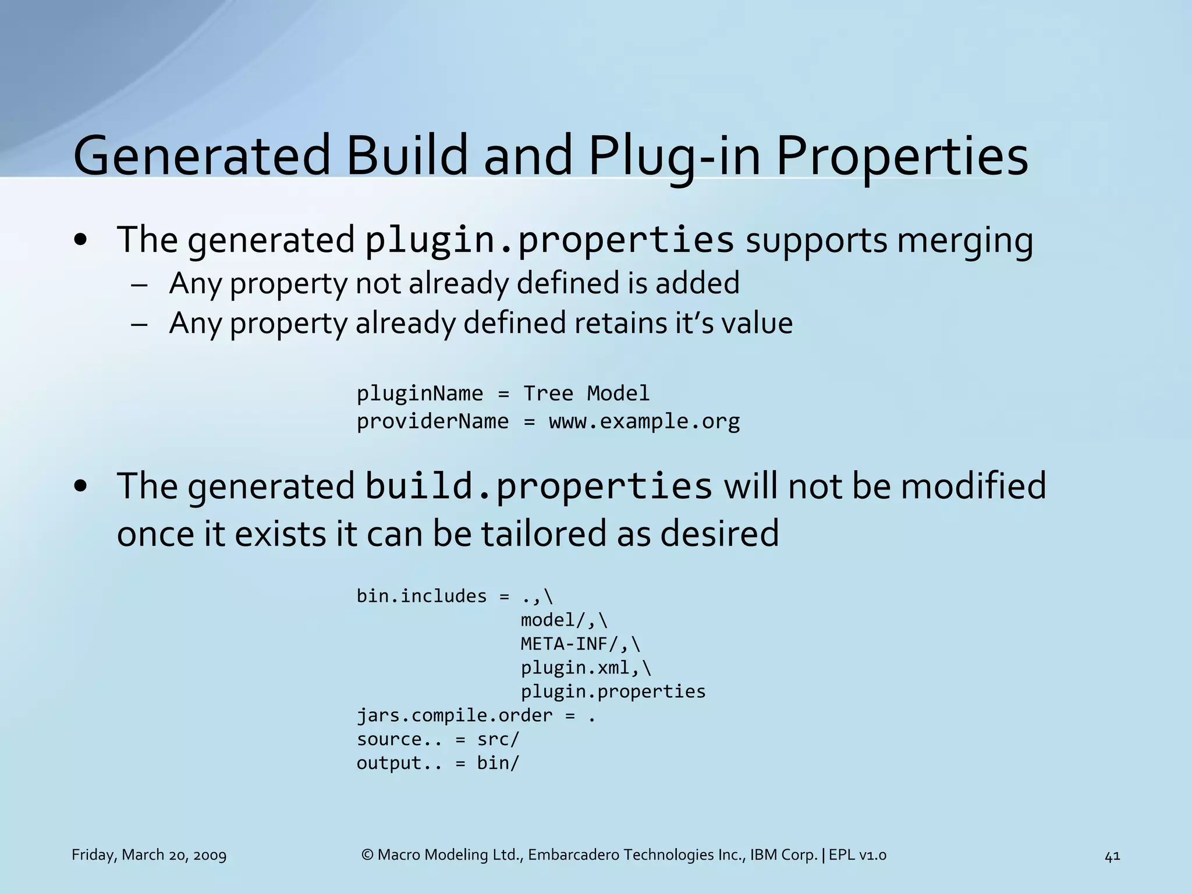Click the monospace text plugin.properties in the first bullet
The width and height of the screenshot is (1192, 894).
tap(549, 240)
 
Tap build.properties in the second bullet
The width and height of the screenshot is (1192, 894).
tap(538, 486)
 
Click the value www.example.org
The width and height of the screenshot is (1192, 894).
tap(644, 421)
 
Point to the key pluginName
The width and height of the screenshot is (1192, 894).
tap(420, 393)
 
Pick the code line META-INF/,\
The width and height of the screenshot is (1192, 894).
tap(580, 644)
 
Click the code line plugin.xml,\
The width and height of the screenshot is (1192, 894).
tap(586, 668)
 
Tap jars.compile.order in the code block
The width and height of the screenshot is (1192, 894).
tap(454, 715)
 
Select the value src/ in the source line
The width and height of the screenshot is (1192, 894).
tap(498, 739)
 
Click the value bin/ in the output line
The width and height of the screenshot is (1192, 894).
tap(498, 763)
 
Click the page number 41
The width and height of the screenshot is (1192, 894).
tap(1112, 856)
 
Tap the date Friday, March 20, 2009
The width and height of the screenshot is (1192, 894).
tap(149, 855)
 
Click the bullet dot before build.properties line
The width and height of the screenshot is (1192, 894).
tap(81, 487)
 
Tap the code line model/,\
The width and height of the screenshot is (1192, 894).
tap(563, 620)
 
